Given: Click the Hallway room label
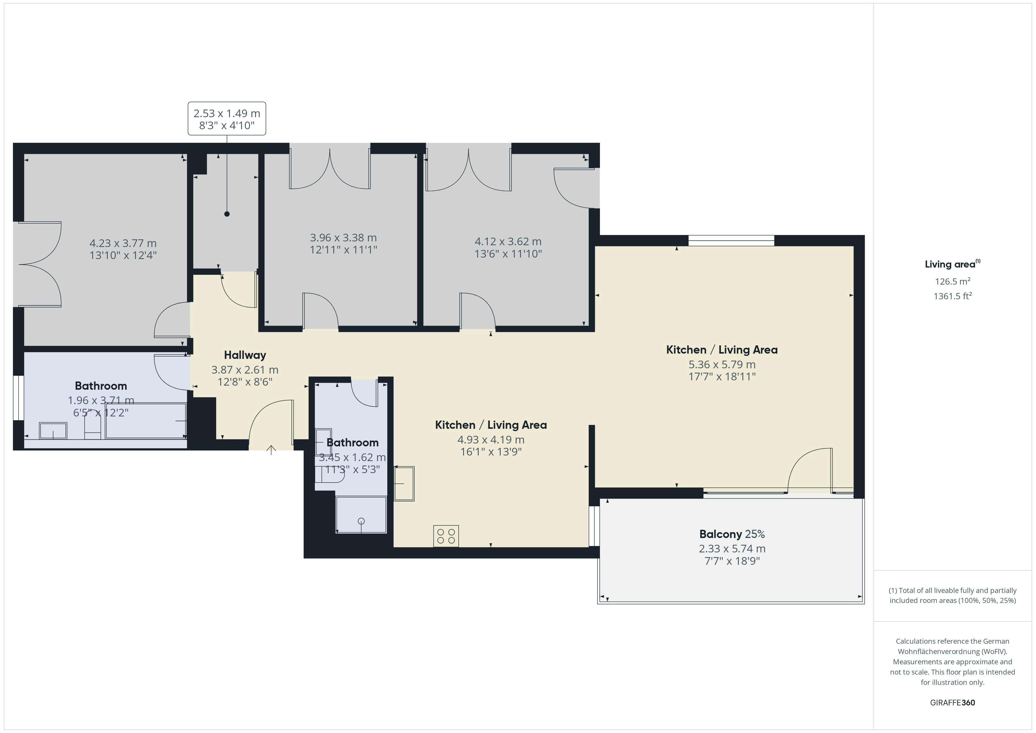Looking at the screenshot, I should point(245,355).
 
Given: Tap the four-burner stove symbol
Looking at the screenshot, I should point(446,536).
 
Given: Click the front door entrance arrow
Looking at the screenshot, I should point(271,450).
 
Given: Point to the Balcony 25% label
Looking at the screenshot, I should point(732,534).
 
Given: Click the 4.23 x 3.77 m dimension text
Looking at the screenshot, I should point(123,243).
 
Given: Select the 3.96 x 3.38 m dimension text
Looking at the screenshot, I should point(343,237).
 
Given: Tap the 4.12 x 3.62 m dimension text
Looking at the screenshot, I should point(508,241).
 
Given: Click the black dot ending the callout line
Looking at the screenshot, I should point(227,214).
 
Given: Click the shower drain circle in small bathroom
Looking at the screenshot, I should point(361,521).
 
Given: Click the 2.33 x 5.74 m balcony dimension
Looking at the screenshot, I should point(732,549).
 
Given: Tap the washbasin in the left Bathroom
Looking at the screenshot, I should point(53,431).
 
